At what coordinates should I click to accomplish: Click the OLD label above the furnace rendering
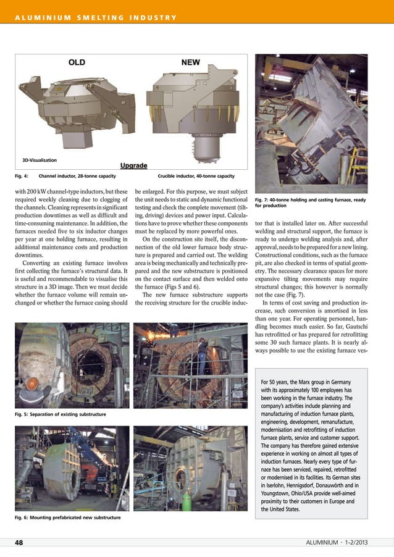pyautogui.click(x=77, y=62)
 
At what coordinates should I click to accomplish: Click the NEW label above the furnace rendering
pyautogui.click(x=190, y=62)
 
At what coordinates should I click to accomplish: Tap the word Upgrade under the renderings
pyautogui.click(x=133, y=165)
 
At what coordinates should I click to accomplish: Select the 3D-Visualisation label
pyautogui.click(x=40, y=161)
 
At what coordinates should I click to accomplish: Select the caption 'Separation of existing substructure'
pyautogui.click(x=60, y=413)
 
